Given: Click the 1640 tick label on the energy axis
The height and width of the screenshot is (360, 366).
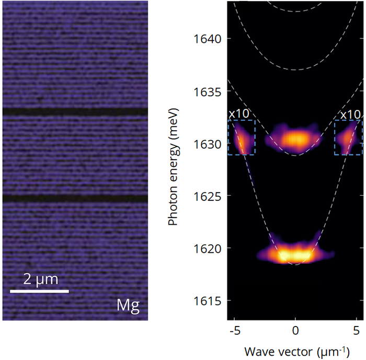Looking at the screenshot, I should pyautogui.click(x=208, y=39).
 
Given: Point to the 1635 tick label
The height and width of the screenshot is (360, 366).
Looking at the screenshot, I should pyautogui.click(x=208, y=91).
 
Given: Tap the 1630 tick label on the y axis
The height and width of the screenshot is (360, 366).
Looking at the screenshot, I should pyautogui.click(x=208, y=143).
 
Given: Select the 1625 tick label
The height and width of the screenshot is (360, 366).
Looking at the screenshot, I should pyautogui.click(x=208, y=196).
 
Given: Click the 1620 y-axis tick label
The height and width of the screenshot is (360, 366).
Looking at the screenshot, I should pyautogui.click(x=208, y=248).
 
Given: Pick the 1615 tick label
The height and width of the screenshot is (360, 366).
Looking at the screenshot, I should pyautogui.click(x=208, y=301).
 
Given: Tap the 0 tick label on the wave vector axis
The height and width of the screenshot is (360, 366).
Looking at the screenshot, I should pyautogui.click(x=295, y=330).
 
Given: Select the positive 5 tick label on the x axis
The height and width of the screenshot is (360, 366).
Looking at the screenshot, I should pyautogui.click(x=356, y=330).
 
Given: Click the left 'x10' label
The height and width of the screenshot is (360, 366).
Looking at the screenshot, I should pyautogui.click(x=239, y=114).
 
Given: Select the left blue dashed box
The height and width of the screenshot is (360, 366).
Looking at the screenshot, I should pyautogui.click(x=242, y=138).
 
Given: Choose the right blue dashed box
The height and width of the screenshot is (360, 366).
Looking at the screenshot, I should pyautogui.click(x=348, y=138).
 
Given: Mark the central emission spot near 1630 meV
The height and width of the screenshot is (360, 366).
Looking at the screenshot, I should pyautogui.click(x=296, y=140).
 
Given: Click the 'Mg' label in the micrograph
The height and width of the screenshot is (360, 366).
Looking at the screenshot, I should pyautogui.click(x=128, y=306).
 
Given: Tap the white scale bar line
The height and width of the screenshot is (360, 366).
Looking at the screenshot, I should pyautogui.click(x=40, y=290).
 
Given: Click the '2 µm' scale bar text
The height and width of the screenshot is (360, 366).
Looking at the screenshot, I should pyautogui.click(x=40, y=277).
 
